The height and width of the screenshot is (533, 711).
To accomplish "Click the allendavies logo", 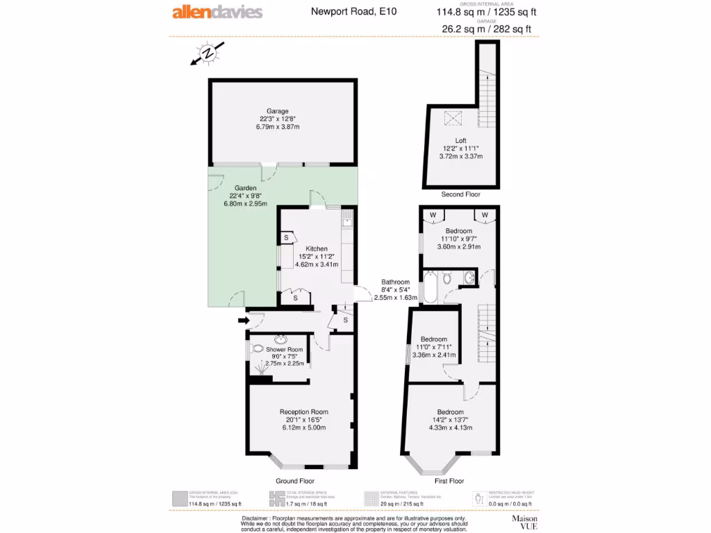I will click(x=217, y=12).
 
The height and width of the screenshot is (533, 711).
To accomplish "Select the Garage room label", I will click(x=277, y=111).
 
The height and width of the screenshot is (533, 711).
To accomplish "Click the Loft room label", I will click(x=451, y=141).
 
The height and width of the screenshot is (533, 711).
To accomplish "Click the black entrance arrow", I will click(x=242, y=320).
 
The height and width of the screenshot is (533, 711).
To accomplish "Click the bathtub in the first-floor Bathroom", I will click(x=430, y=289).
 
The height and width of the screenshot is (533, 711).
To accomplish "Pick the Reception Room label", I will click(x=303, y=411).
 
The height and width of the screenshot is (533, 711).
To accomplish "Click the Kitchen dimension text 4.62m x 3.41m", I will click(x=317, y=264).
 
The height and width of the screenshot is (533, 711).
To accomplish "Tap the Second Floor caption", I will click(x=460, y=194).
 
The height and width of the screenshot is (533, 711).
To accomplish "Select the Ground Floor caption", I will click(x=296, y=481).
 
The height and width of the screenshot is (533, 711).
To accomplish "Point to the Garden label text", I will click(x=245, y=188).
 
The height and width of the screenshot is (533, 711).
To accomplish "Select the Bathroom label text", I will click(x=395, y=282).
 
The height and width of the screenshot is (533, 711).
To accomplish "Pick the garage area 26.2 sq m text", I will click(x=462, y=29).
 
